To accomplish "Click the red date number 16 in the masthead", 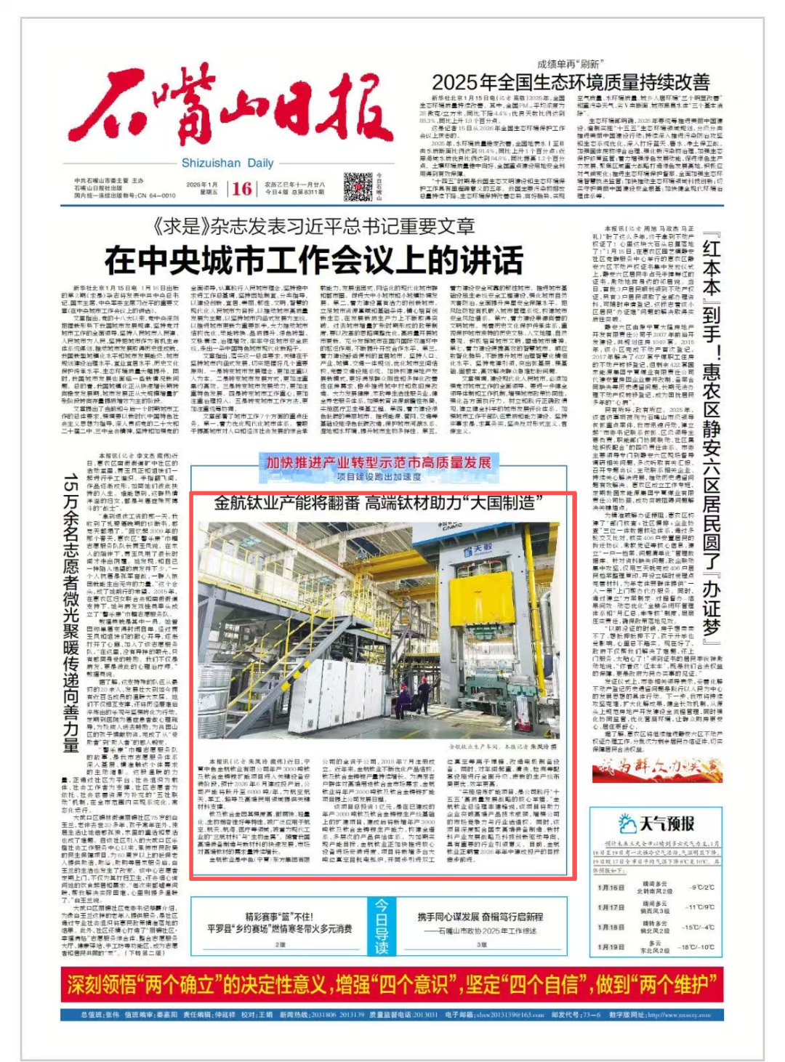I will [242, 189].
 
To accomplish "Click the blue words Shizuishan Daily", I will [228, 163].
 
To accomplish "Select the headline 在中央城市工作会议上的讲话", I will [313, 260].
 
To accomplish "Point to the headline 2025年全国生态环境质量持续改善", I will [571, 82].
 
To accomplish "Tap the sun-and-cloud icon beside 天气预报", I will [627, 824].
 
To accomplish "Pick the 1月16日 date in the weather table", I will [611, 888].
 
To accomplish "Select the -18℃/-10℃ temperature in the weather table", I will [696, 947].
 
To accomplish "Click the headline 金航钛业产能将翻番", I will [287, 502].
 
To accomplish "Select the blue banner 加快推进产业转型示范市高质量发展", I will [378, 462].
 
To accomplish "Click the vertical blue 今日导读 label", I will [382, 926].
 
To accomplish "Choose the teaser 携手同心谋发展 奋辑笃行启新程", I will [480, 917].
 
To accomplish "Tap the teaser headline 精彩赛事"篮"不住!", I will [279, 917].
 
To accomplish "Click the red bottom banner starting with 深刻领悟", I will [392, 985].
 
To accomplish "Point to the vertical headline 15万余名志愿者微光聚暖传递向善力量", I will [71, 614].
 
